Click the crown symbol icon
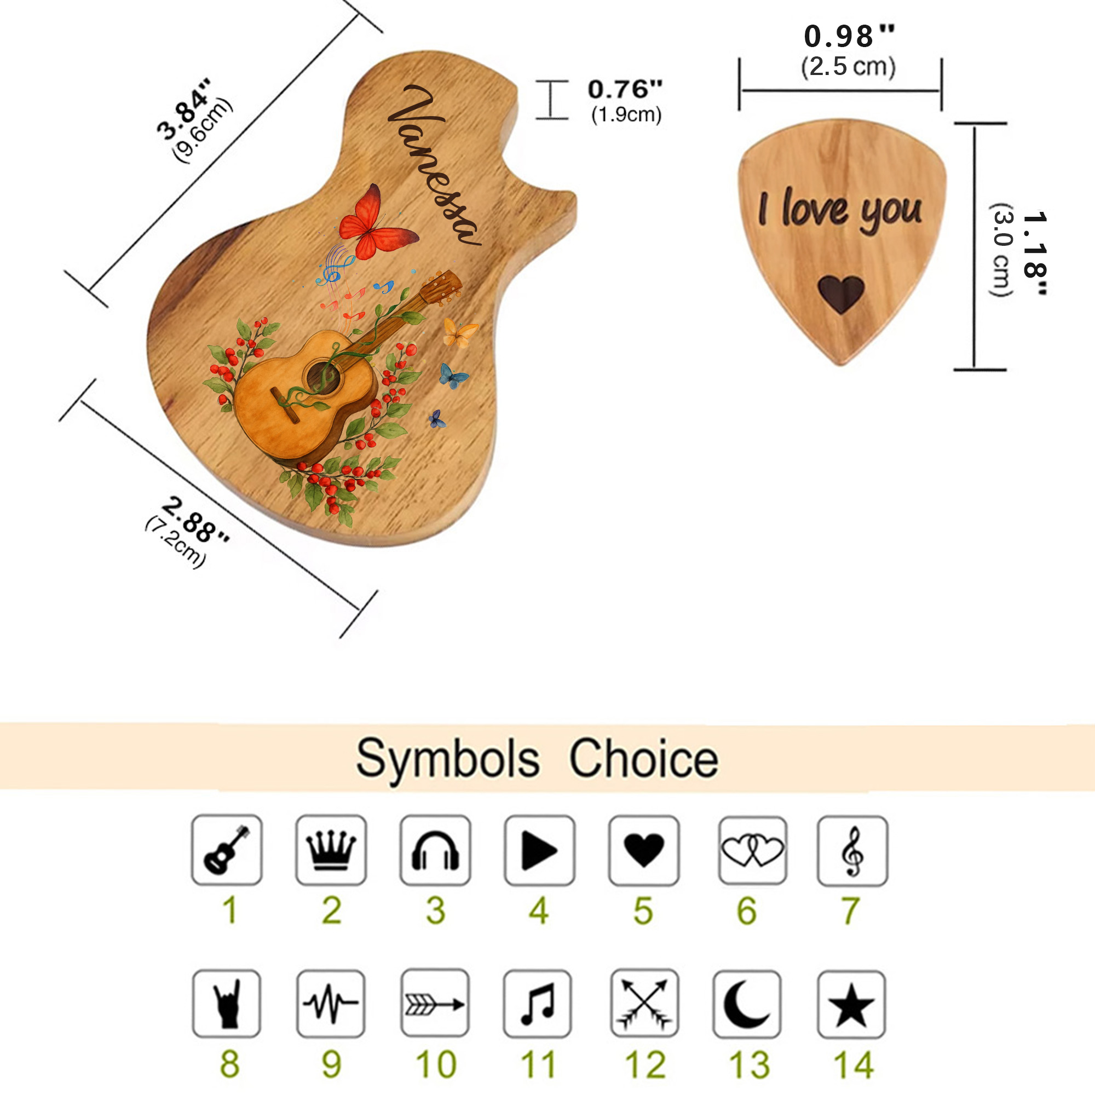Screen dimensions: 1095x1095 pyautogui.click(x=331, y=850)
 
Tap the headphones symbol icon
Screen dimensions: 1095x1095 pyautogui.click(x=435, y=850)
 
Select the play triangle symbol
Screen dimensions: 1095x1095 pyautogui.click(x=539, y=850)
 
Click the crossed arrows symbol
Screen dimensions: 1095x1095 pyautogui.click(x=644, y=1004)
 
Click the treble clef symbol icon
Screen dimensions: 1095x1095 pyautogui.click(x=853, y=851)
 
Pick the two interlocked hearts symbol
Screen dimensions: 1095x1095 pyautogui.click(x=753, y=850)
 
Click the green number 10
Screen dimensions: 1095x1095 pyautogui.click(x=436, y=1065)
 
